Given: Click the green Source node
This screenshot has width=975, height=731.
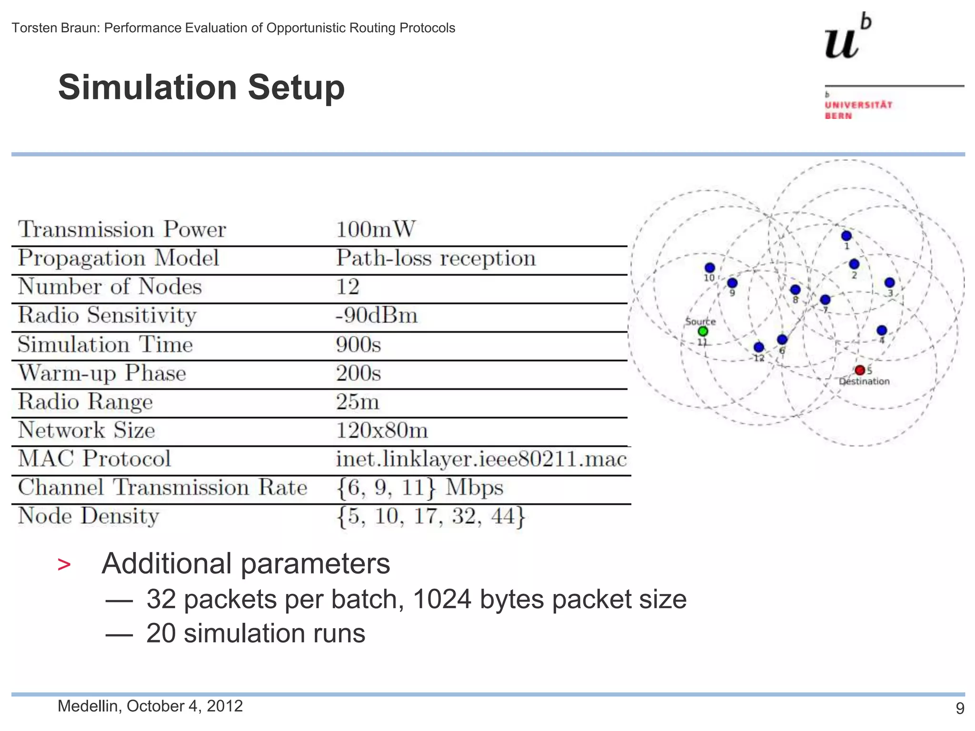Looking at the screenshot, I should click(x=703, y=331).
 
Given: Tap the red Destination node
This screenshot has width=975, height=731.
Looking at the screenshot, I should click(x=859, y=370).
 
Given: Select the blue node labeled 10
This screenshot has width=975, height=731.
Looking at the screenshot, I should click(x=710, y=268).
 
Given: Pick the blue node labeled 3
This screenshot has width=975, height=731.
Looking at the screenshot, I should click(x=889, y=283).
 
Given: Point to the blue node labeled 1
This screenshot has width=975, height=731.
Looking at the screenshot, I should click(x=846, y=236).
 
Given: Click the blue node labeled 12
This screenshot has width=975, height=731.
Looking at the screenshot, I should click(x=759, y=347).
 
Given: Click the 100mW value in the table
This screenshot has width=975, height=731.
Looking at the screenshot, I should click(x=375, y=229).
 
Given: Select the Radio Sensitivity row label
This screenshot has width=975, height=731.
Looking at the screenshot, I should click(x=107, y=316).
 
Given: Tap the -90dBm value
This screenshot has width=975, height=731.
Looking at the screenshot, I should click(x=376, y=316).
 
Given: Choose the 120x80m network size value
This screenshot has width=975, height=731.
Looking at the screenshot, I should click(x=382, y=430).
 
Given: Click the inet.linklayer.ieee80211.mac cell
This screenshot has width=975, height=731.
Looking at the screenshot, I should click(x=481, y=459).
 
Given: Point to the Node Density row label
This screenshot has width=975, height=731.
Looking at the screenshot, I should click(x=89, y=516).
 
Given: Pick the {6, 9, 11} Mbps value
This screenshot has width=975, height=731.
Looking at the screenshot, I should click(x=419, y=488).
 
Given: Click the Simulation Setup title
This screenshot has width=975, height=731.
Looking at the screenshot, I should click(x=201, y=88).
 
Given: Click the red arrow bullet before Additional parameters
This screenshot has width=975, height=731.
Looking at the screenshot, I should click(x=64, y=565).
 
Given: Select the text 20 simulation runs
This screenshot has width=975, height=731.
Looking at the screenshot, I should click(x=256, y=633).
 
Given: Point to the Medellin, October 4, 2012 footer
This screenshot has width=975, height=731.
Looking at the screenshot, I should click(x=150, y=706).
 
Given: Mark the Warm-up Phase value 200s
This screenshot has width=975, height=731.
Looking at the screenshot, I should click(x=358, y=373).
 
